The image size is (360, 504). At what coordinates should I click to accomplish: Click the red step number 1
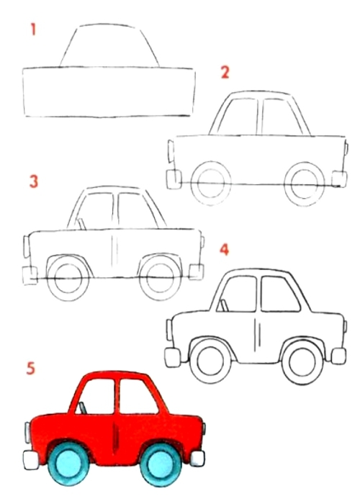pyautogui.click(x=33, y=30)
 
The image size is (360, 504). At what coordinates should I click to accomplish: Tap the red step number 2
pyautogui.click(x=225, y=72)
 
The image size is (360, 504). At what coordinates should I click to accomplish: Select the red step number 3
pyautogui.click(x=33, y=181)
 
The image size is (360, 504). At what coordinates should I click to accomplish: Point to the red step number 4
pyautogui.click(x=224, y=249)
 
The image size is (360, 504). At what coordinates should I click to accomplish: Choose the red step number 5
pyautogui.click(x=30, y=369)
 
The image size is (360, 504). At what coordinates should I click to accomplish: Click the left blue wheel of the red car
pyautogui.click(x=68, y=465)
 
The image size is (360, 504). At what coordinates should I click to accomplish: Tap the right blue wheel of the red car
pyautogui.click(x=161, y=465)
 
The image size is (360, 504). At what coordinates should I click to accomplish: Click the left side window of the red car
pyautogui.click(x=96, y=397)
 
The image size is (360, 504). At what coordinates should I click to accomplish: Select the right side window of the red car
pyautogui.click(x=138, y=397)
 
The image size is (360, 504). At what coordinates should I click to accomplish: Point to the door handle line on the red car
pyautogui.click(x=115, y=438)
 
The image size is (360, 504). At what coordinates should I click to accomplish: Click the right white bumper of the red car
pyautogui.click(x=197, y=459)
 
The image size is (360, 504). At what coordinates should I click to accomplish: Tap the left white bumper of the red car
pyautogui.click(x=31, y=460)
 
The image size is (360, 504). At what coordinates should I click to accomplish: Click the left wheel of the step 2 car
pyautogui.click(x=211, y=184)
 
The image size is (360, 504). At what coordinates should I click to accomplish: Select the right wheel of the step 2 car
pyautogui.click(x=305, y=184)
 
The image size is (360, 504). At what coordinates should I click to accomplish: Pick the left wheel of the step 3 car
pyautogui.click(x=68, y=279)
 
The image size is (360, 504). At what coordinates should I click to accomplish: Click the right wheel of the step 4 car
pyautogui.click(x=302, y=361)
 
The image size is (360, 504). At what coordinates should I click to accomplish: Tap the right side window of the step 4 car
pyautogui.click(x=280, y=294)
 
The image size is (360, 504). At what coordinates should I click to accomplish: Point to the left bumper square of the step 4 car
pyautogui.click(x=173, y=357)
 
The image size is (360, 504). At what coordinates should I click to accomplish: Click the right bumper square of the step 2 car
pyautogui.click(x=339, y=179)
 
